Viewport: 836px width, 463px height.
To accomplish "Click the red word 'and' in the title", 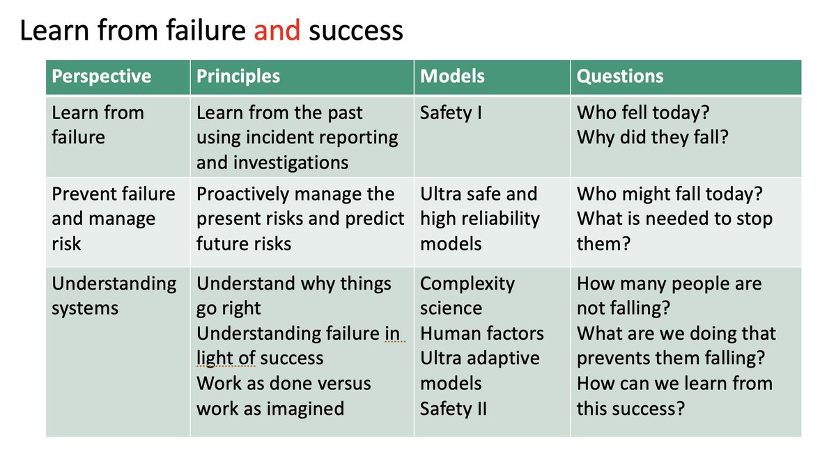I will [x=277, y=31].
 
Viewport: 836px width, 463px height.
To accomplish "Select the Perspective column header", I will [x=102, y=76].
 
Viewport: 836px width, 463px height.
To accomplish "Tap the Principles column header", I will [x=238, y=76].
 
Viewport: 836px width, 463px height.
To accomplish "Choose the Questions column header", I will [x=620, y=76].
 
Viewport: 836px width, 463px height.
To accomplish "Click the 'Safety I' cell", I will [x=451, y=112].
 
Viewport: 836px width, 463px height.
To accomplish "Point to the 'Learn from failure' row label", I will [x=98, y=124].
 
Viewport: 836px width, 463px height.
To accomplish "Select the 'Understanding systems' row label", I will [x=114, y=295].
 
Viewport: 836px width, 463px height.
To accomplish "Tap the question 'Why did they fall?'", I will [x=652, y=137].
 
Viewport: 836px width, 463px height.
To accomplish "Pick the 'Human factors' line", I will [x=481, y=333].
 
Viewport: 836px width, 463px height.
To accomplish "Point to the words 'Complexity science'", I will [x=467, y=295].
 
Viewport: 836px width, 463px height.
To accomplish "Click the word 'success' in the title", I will [x=355, y=31].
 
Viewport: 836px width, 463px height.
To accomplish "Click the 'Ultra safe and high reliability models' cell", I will [x=479, y=219].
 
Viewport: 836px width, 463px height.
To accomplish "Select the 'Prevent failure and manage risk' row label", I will [x=113, y=219].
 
